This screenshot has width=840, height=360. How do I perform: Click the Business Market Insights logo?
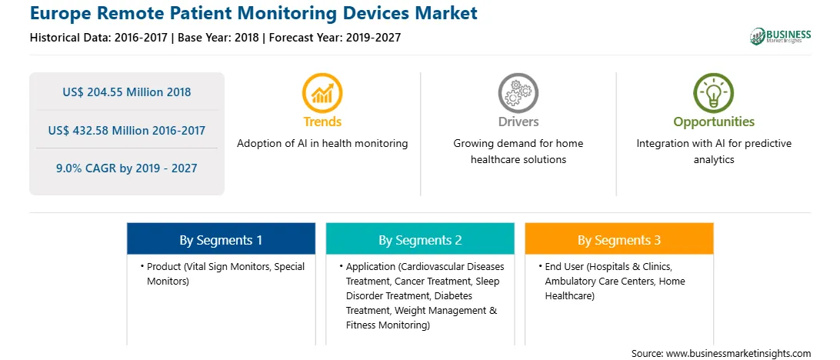(780, 36)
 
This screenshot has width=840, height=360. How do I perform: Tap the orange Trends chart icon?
(322, 93)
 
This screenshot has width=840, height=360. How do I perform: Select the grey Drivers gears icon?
(518, 93)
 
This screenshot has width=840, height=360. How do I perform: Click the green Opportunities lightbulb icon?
(714, 93)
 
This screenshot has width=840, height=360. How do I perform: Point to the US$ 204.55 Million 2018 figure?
(126, 92)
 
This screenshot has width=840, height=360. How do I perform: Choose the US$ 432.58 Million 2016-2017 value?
(126, 130)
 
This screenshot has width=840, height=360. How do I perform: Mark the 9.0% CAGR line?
(126, 168)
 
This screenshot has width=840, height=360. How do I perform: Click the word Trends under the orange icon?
(322, 122)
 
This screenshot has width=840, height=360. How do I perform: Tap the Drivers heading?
(518, 122)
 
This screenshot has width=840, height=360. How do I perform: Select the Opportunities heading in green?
(714, 122)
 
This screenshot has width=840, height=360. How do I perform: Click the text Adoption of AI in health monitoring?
(322, 144)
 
